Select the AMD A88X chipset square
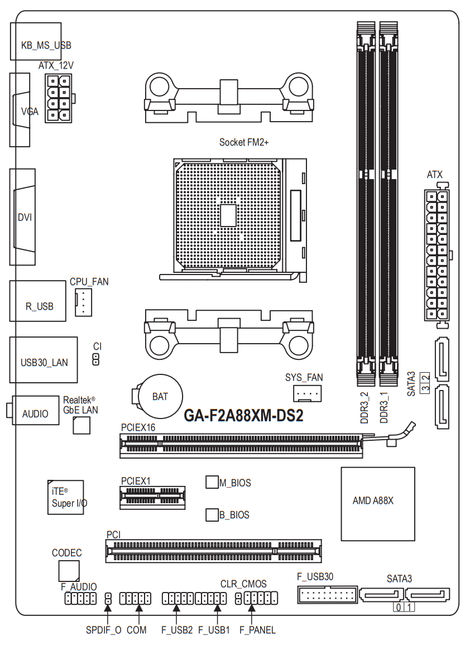coord(378,504)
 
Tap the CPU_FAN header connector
coord(83,302)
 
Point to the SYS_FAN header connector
coord(307,393)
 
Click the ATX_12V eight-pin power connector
coord(59,98)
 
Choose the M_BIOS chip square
coord(212,482)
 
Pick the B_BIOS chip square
coord(212,514)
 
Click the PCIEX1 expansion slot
coord(153,498)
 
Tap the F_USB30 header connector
coord(327,594)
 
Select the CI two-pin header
coord(96,359)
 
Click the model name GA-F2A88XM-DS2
coord(243,416)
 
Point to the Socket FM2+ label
coord(243,142)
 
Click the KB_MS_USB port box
coord(36,41)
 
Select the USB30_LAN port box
coord(44,360)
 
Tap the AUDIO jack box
coord(35,411)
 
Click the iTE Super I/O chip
coord(66,497)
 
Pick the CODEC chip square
coord(69,571)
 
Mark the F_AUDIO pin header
coord(80,598)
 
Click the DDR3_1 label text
coord(383,408)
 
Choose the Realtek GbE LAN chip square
coord(81,425)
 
